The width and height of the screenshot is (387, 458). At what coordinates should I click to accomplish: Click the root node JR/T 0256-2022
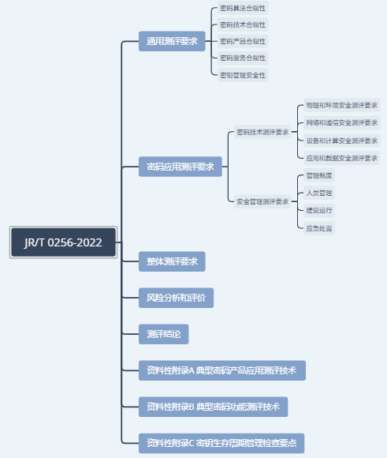point(63,242)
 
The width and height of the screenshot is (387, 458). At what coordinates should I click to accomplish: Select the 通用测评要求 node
point(172,41)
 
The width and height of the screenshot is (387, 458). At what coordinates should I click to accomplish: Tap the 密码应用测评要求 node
point(180,167)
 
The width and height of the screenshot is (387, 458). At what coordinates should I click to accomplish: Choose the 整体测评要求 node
point(172,261)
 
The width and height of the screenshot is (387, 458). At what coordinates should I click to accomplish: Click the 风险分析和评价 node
point(176,298)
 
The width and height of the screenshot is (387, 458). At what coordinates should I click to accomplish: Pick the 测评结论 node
point(164,334)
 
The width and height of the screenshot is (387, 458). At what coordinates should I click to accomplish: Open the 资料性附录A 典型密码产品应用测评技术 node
point(222,370)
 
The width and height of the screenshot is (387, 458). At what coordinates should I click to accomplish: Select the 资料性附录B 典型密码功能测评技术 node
point(213,407)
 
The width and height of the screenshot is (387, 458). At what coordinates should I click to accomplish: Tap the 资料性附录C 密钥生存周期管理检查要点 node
point(221,443)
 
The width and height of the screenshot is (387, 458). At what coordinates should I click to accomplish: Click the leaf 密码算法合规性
point(243,8)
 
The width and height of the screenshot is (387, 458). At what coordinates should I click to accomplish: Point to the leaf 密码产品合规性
point(243,41)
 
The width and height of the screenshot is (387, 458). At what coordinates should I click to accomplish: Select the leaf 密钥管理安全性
point(243,75)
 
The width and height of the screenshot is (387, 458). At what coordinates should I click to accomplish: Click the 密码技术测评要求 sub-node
point(262,132)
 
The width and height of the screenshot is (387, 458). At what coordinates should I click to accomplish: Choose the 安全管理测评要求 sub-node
point(262,201)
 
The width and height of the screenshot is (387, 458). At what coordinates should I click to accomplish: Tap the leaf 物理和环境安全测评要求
point(342,105)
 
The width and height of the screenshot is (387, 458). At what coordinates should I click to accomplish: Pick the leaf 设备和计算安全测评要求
point(342,141)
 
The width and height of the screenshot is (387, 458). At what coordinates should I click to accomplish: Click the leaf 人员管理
point(319,193)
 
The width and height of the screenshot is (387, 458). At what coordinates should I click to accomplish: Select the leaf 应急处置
point(319,228)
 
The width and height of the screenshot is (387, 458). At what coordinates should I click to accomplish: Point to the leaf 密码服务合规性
point(243,58)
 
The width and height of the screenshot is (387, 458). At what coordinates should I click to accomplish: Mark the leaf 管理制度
point(319,175)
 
